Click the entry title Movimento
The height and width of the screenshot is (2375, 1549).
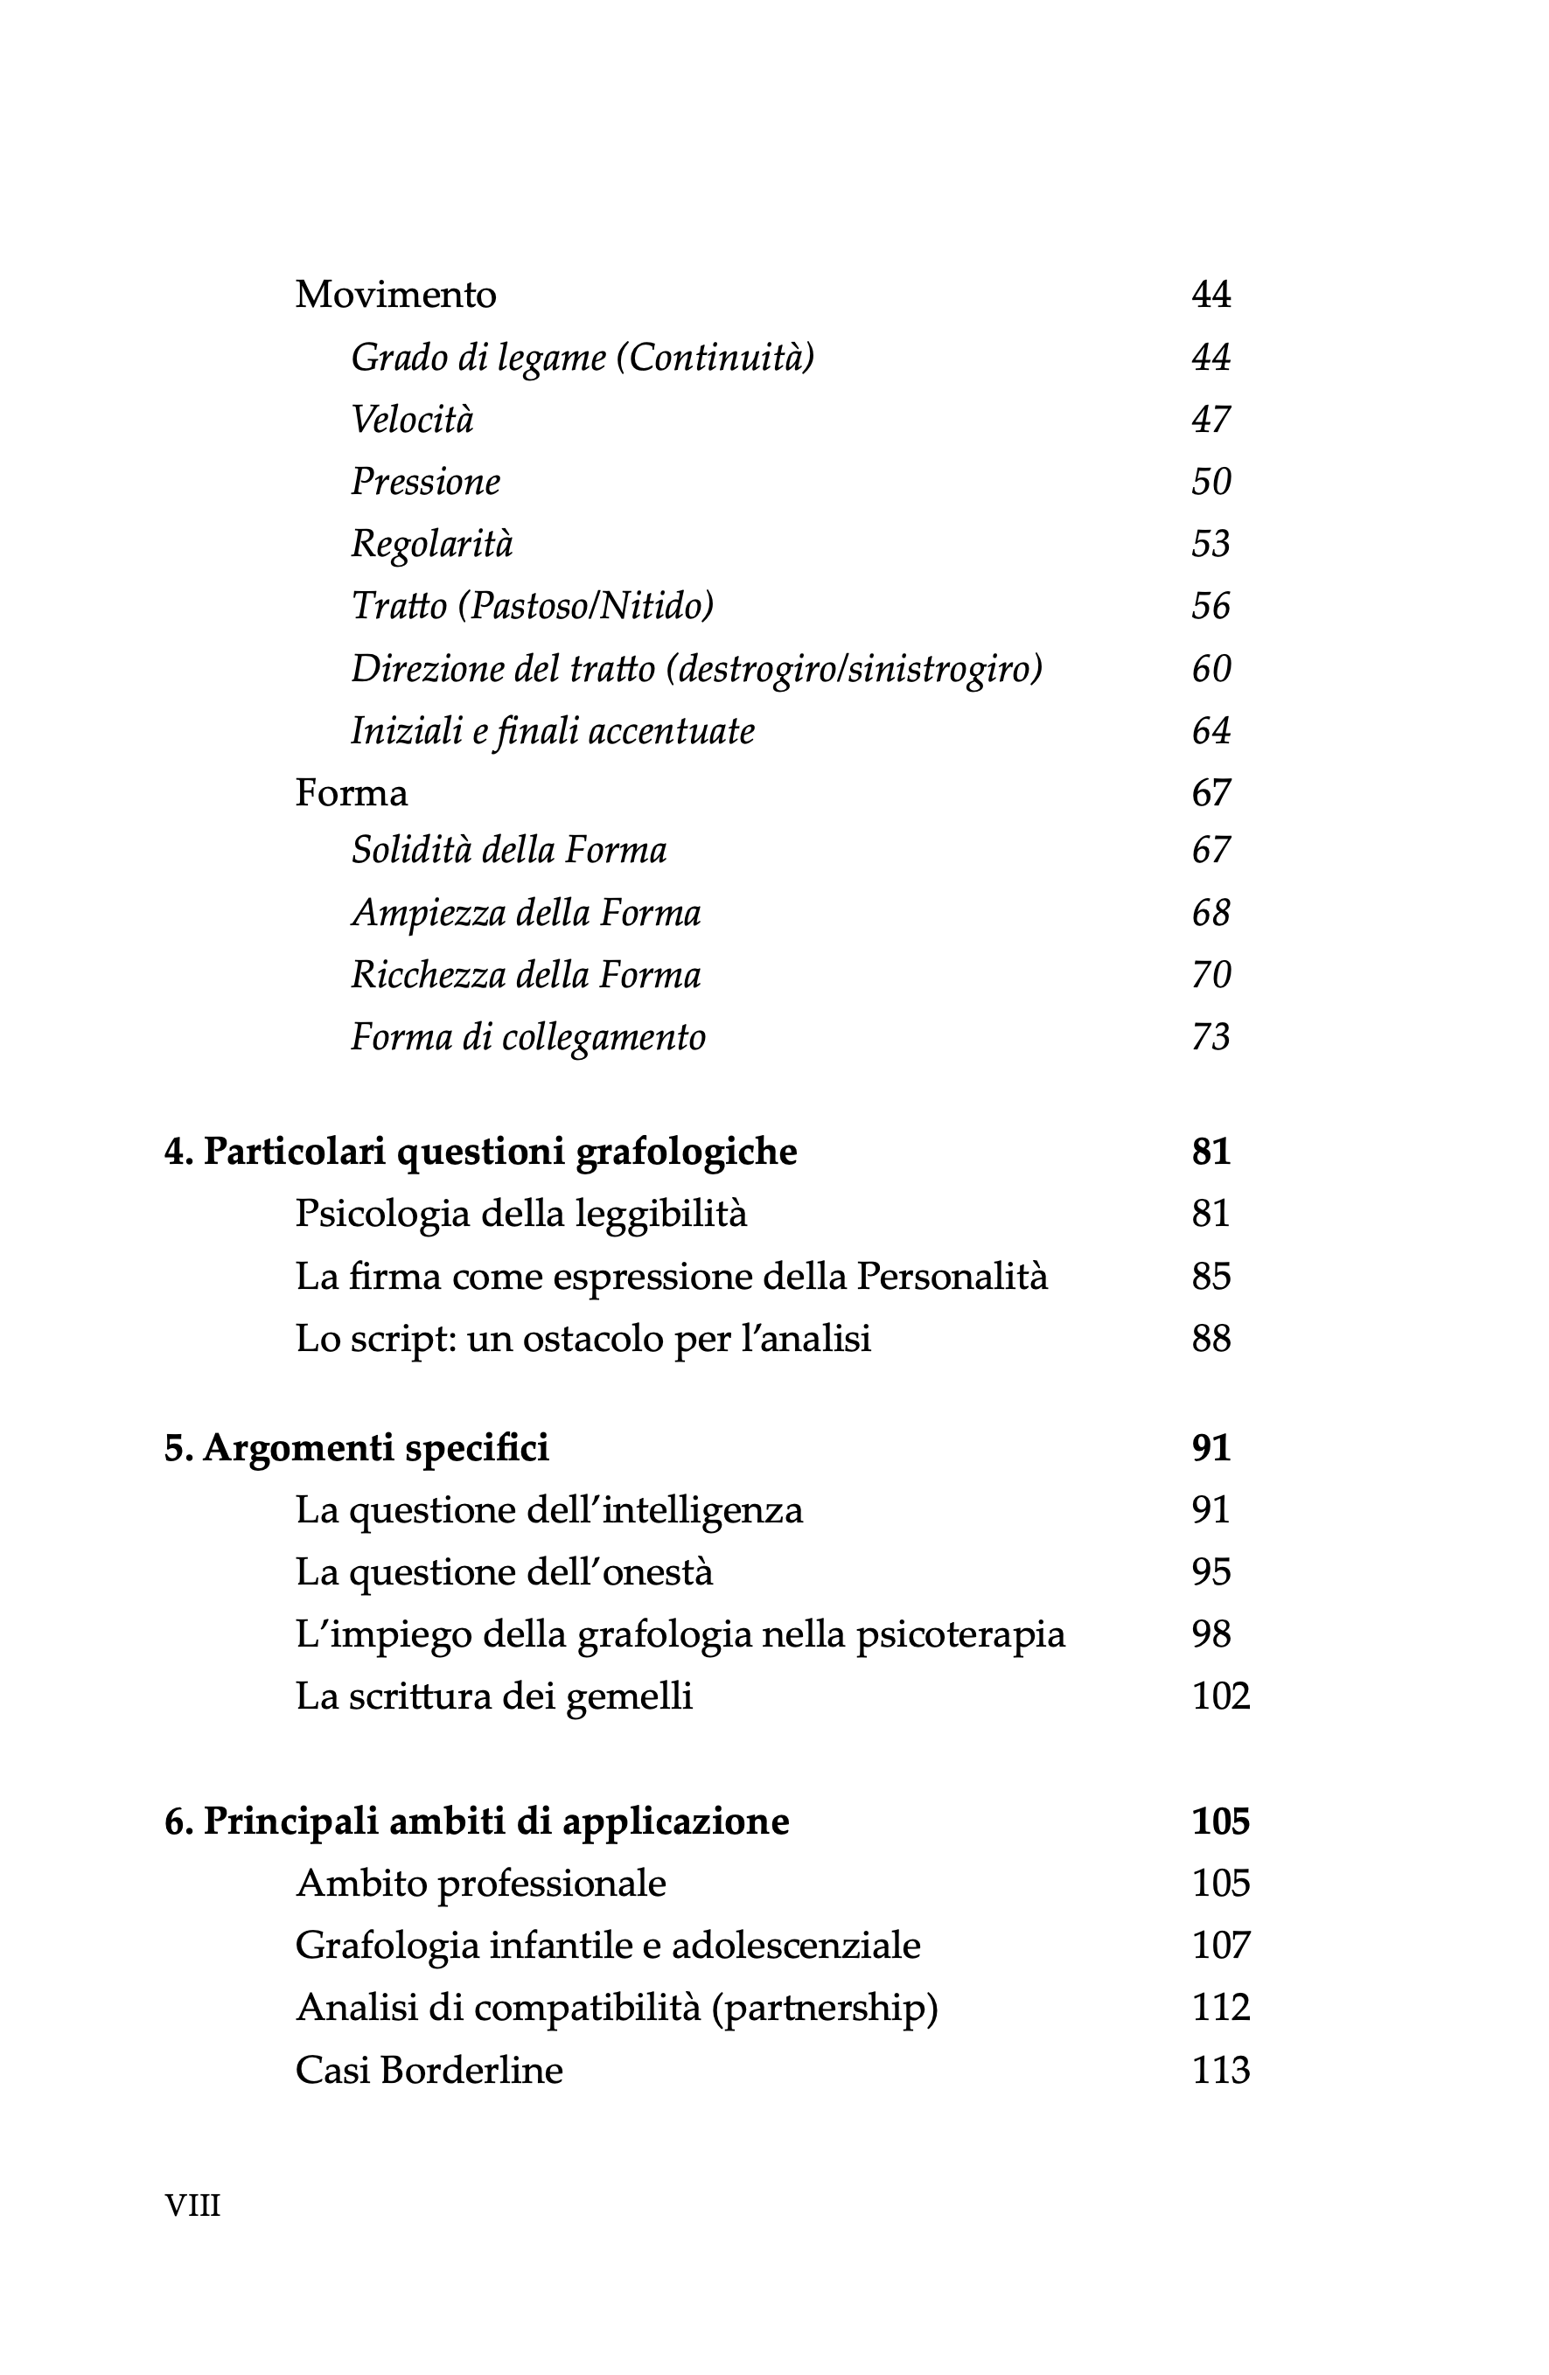395,295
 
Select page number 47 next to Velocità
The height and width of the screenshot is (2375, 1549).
1211,419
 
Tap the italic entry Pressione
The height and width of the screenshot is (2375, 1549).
425,482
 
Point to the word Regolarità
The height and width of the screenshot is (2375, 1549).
431,544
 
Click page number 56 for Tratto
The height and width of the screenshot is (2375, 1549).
1211,606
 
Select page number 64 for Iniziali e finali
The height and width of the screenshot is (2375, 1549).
1211,731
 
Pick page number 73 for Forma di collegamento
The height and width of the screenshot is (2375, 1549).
1211,1038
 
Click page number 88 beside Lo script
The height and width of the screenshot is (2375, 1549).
1211,1338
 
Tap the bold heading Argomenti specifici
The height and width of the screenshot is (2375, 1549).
375,1447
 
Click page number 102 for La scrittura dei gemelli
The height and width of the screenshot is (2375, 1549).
1221,1696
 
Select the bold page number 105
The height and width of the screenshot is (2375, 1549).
1221,1821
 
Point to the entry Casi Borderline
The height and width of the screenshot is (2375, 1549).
429,2070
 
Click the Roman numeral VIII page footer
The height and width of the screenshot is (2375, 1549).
192,2204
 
